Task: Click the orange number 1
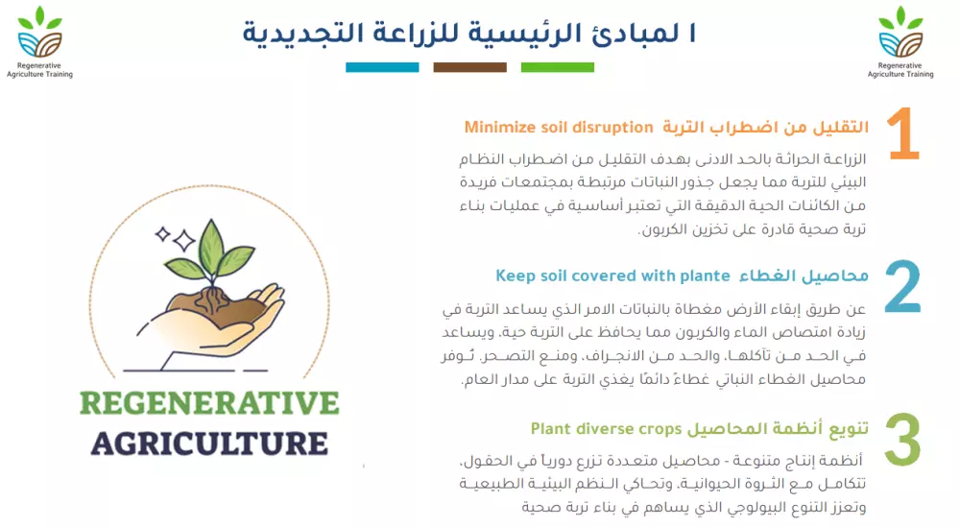[903, 135]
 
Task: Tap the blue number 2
[902, 287]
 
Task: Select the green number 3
[902, 440]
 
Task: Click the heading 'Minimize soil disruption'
[546, 127]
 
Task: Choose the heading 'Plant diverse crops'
[606, 428]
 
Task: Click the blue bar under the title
[382, 67]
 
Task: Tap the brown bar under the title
[469, 67]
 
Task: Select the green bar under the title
[558, 67]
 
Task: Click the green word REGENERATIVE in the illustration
[209, 401]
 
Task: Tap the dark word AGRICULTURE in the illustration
[209, 443]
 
